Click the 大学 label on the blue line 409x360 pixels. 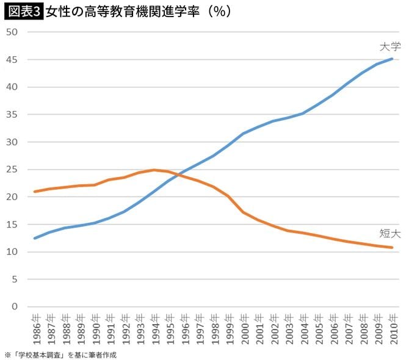(388, 46)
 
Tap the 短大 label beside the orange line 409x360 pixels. (388, 232)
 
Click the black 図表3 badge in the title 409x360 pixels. (23, 12)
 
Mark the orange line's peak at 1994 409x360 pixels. (154, 170)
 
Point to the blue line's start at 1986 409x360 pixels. (35, 238)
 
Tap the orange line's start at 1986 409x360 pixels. (35, 192)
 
